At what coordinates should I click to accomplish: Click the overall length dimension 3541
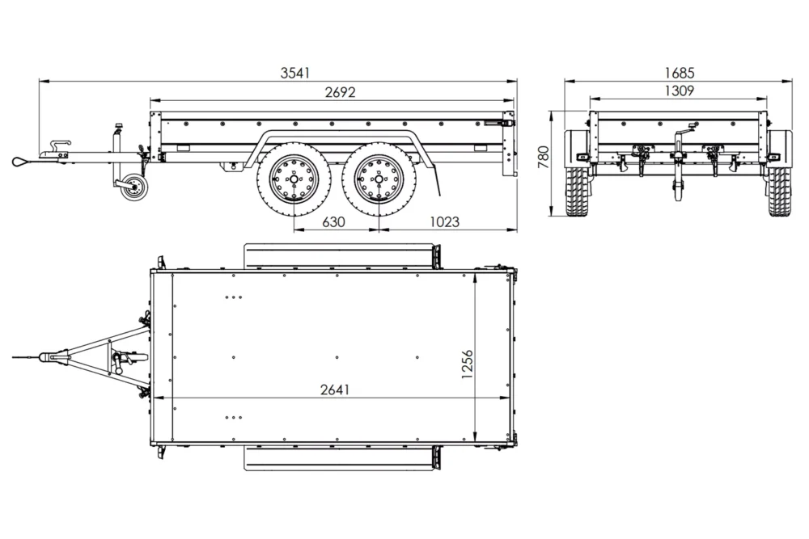[295, 73]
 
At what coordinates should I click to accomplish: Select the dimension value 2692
[340, 92]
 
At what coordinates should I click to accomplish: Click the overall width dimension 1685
[679, 73]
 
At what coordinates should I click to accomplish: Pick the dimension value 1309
[679, 91]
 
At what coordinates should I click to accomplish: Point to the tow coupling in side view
[57, 150]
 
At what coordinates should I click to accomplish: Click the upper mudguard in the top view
[340, 257]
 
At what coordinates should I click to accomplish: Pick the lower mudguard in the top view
[340, 458]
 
